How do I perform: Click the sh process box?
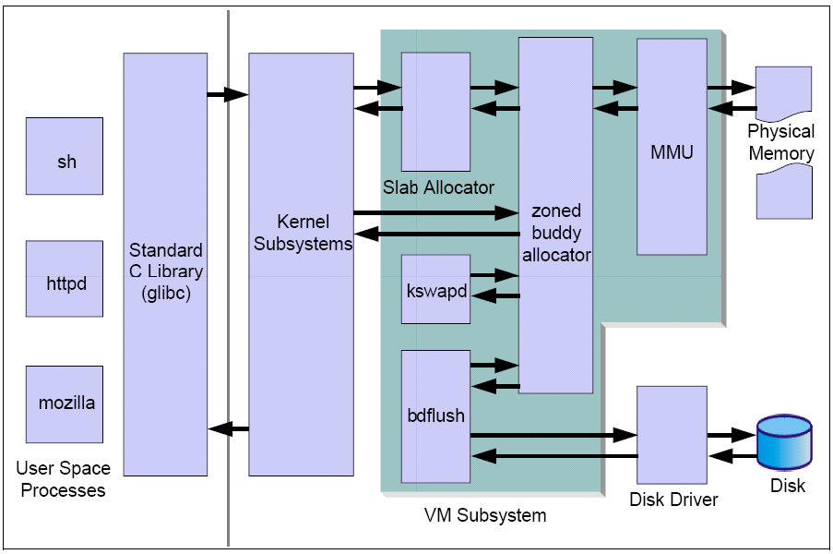coord(65,156)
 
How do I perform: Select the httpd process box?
coord(65,280)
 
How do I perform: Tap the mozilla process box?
coord(65,404)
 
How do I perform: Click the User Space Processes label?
coord(64,480)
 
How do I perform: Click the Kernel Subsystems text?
coord(303,233)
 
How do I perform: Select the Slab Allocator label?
coord(438,187)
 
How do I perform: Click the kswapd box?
coord(435,289)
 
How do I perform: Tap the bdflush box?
coord(435,415)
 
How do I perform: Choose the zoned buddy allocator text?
coord(555,234)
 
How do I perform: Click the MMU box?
coord(671,148)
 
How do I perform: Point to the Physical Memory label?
coord(781,143)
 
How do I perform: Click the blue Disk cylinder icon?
coord(784,443)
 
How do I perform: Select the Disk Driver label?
coord(673,500)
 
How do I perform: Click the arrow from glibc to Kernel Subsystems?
coord(227,94)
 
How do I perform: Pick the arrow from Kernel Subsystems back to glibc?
coord(228,428)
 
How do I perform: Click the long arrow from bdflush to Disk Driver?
coord(553,434)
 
